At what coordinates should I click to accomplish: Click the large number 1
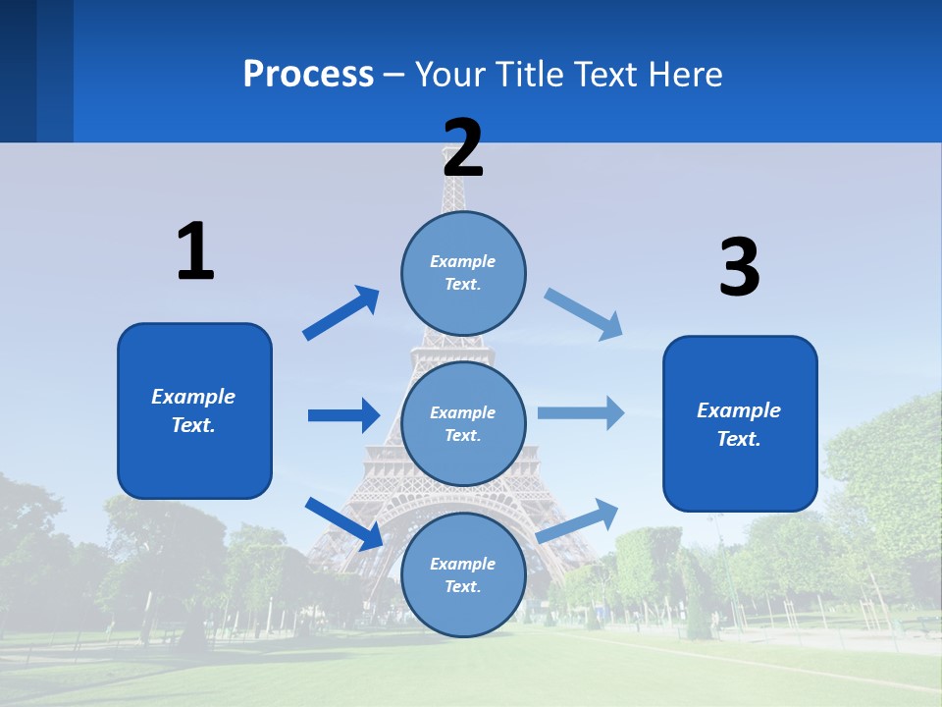coord(195,251)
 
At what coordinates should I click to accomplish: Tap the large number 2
coord(463,147)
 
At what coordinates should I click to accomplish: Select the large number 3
coord(740,267)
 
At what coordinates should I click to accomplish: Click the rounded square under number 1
coord(194,410)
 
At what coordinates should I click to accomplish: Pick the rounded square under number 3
coord(740,424)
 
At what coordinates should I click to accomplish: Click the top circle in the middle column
coord(463,273)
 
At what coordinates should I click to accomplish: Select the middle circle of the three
coord(463,423)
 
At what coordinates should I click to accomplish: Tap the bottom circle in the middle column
coord(463,574)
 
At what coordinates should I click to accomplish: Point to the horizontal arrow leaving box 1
coord(343,415)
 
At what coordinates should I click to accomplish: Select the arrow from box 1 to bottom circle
coord(343,523)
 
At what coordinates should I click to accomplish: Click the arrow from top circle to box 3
coord(584,313)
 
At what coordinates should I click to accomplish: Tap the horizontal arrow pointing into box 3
coord(581,412)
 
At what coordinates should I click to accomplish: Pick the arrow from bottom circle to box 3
coord(578,519)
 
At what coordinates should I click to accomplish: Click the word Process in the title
coord(308,74)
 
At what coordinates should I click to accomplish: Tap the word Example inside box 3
coord(739,410)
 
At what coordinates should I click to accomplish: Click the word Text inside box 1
coord(192,425)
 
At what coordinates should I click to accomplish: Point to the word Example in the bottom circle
coord(462,564)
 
